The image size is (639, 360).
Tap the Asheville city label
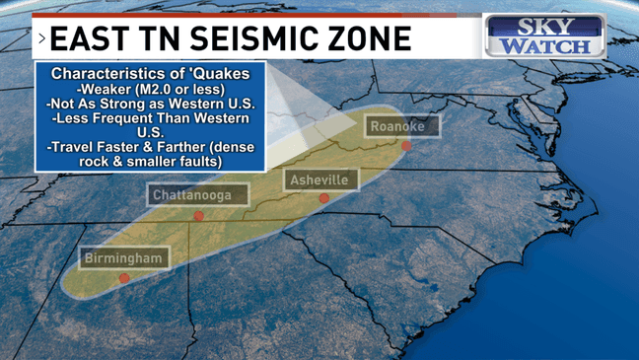point(319,180)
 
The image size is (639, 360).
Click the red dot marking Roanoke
point(405,146)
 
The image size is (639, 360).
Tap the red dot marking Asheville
point(323,198)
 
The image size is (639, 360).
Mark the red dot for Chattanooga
point(198,215)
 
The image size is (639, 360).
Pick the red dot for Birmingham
point(124,278)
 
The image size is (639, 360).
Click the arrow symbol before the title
point(40,38)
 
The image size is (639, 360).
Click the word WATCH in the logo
point(546,45)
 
